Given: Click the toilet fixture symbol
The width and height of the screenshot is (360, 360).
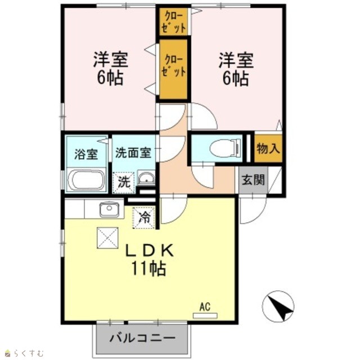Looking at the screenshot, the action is [226, 148].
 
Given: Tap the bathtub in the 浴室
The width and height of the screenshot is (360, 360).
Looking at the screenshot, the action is [87, 180].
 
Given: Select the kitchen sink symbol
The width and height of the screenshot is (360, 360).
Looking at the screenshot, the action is [109, 209].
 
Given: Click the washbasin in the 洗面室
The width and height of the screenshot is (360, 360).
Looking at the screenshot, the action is [146, 178].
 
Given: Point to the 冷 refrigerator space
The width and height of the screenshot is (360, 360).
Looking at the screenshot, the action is [144, 218].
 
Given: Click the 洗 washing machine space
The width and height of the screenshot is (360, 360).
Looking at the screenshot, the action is [124, 182].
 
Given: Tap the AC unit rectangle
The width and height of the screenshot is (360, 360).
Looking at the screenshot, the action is [205, 316].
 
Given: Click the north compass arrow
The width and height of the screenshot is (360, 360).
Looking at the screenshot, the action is [283, 309].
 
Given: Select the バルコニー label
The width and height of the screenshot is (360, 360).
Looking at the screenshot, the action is [142, 338].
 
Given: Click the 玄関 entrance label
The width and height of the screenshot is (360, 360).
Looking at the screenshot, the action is [253, 180].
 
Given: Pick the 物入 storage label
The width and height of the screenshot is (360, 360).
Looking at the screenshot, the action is [268, 148].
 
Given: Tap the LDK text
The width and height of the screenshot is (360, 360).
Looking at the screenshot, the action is [148, 250].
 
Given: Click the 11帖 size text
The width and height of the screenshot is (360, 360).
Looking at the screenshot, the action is [148, 268].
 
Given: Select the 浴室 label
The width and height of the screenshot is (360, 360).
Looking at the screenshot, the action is [86, 154].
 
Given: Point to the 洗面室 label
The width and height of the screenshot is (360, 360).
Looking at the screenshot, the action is [133, 152].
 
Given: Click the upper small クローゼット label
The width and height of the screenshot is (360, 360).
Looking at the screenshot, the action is [173, 22].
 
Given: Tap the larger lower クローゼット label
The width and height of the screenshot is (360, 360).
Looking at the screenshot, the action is [173, 66].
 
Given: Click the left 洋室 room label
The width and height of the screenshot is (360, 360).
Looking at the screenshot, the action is [110, 60].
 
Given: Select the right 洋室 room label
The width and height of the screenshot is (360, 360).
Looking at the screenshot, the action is [236, 60].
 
